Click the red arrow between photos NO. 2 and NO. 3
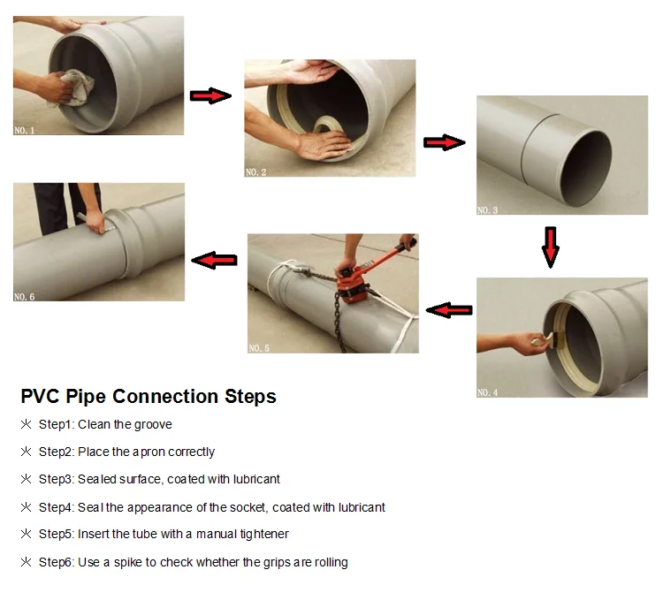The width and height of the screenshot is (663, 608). [445, 142]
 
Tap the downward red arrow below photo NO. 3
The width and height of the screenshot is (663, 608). [551, 247]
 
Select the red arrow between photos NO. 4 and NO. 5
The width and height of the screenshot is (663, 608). [449, 309]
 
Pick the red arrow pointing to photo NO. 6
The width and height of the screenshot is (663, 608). [216, 260]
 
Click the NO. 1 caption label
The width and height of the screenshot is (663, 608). [25, 130]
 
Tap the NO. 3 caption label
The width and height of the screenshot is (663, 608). [488, 210]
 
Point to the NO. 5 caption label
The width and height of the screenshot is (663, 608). [259, 348]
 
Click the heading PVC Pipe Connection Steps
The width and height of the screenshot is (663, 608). [149, 396]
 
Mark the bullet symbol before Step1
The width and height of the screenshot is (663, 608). [26, 425]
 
